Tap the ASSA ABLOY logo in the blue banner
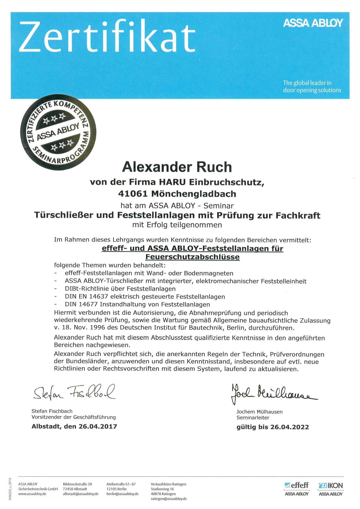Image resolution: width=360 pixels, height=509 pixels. pyautogui.click(x=313, y=23)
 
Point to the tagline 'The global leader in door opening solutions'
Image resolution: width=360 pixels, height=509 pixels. pyautogui.click(x=312, y=86)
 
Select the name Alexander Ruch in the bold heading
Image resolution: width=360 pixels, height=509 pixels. pyautogui.click(x=177, y=167)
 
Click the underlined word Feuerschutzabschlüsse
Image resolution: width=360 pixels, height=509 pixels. pyautogui.click(x=192, y=257)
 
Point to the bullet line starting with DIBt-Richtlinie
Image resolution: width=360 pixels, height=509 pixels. pyautogui.click(x=120, y=289)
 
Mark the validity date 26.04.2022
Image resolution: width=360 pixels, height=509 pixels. pyautogui.click(x=289, y=427)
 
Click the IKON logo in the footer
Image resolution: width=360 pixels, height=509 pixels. pyautogui.click(x=331, y=485)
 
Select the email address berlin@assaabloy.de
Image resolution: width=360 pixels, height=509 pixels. pyautogui.click(x=122, y=494)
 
